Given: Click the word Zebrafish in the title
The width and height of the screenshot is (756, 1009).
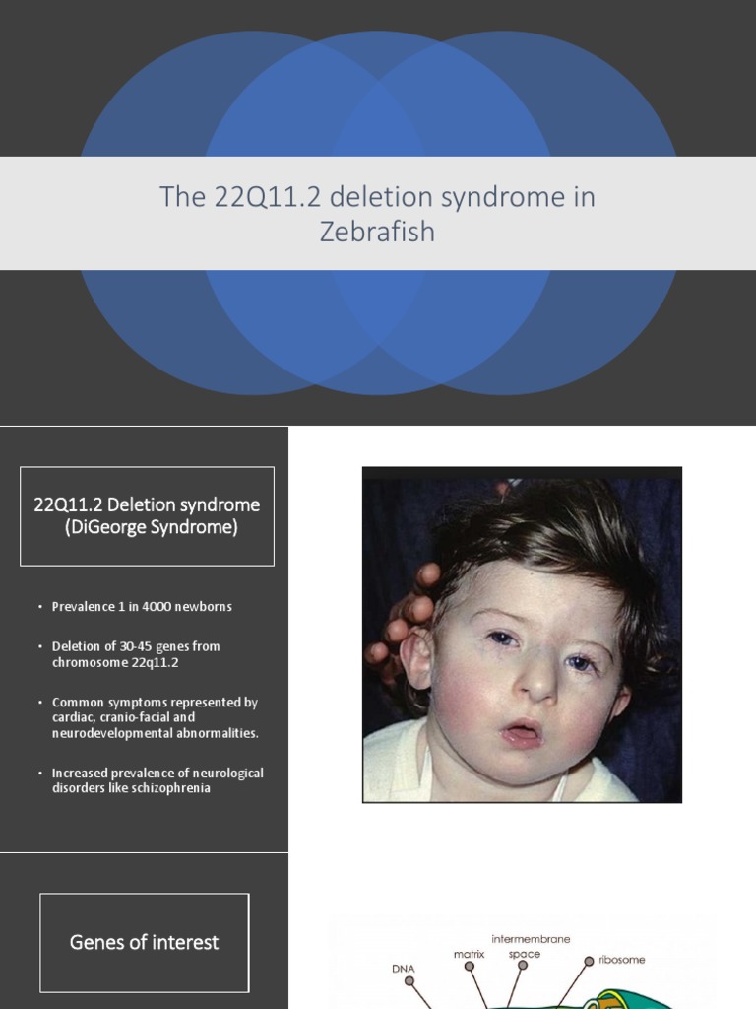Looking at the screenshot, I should click(377, 234).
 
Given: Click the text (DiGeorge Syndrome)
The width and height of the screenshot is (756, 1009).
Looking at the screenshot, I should click(147, 527).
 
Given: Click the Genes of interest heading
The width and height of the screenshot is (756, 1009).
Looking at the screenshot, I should click(144, 942).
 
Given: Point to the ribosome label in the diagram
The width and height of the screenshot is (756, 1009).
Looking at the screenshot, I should click(622, 959).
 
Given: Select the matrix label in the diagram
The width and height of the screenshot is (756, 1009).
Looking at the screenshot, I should click(469, 954).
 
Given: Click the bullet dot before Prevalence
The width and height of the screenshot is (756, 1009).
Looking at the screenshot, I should click(40, 607).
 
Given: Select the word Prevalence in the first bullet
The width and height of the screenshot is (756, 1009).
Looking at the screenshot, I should click(86, 606).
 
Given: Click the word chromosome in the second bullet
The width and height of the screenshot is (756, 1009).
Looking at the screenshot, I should click(92, 662).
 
